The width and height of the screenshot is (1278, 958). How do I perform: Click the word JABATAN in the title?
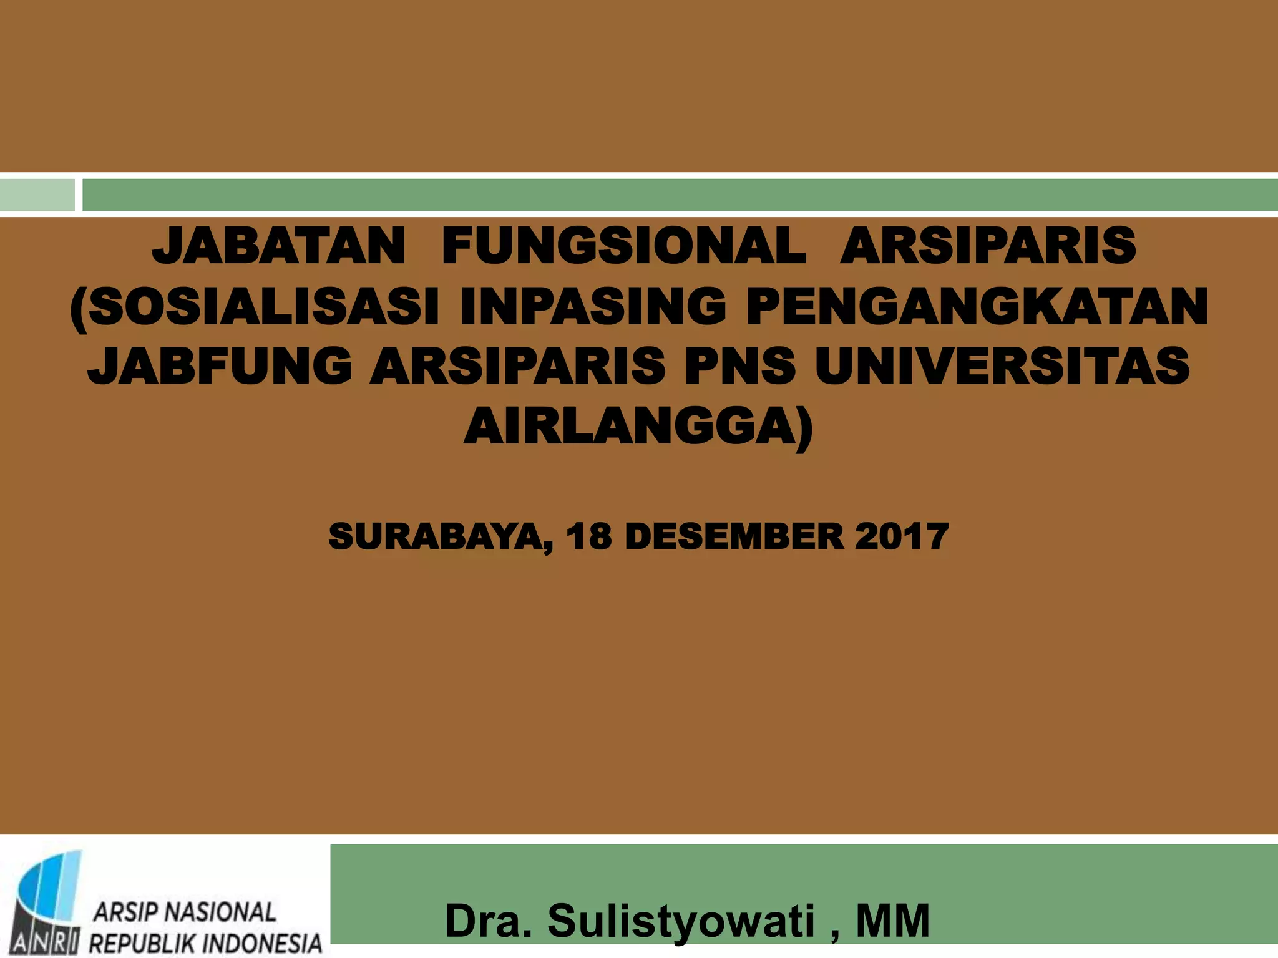pos(278,246)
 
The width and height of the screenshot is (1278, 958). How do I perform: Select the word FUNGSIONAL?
pos(623,246)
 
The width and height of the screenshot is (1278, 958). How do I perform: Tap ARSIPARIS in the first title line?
pos(987,246)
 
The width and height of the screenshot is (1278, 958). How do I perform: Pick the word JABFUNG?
pos(220,366)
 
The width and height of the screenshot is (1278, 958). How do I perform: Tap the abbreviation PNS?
pos(739,366)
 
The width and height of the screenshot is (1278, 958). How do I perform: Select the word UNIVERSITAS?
pos(1002,366)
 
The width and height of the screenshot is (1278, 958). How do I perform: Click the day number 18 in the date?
pos(588,537)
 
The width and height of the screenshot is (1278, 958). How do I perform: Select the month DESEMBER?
pos(734,537)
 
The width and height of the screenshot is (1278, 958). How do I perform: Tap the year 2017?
pos(901,537)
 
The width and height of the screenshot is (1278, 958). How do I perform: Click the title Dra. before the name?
pos(488,921)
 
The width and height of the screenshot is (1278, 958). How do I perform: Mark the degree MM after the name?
pos(892,921)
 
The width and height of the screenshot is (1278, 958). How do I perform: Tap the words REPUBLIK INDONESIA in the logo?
pos(206,942)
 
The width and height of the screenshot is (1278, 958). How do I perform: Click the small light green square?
pos(37,195)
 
